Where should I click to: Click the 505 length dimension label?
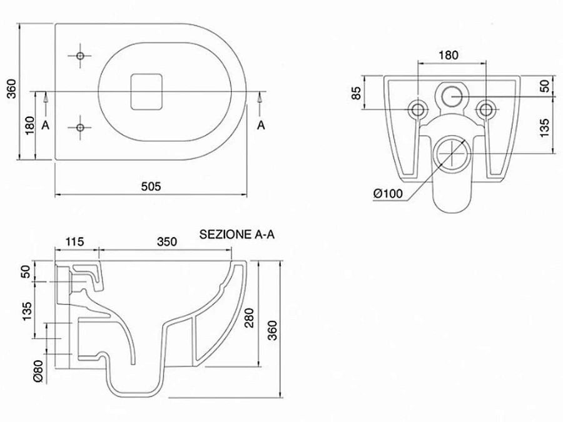151,186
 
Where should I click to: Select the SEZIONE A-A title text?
237,234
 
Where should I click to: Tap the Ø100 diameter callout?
388,193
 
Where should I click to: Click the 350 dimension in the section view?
167,241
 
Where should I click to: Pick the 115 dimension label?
74,241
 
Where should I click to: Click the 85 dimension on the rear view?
356,93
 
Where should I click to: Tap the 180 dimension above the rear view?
449,55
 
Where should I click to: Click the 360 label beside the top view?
12,88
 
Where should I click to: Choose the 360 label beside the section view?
273,330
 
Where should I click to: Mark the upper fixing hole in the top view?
81,56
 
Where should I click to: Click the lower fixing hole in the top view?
81,128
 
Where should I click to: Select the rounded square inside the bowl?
146,91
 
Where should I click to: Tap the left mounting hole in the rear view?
418,109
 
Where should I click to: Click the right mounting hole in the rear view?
486,109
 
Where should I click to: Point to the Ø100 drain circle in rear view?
452,153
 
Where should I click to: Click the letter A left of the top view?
45,125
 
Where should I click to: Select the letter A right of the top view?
261,125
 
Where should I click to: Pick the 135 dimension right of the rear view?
544,128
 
